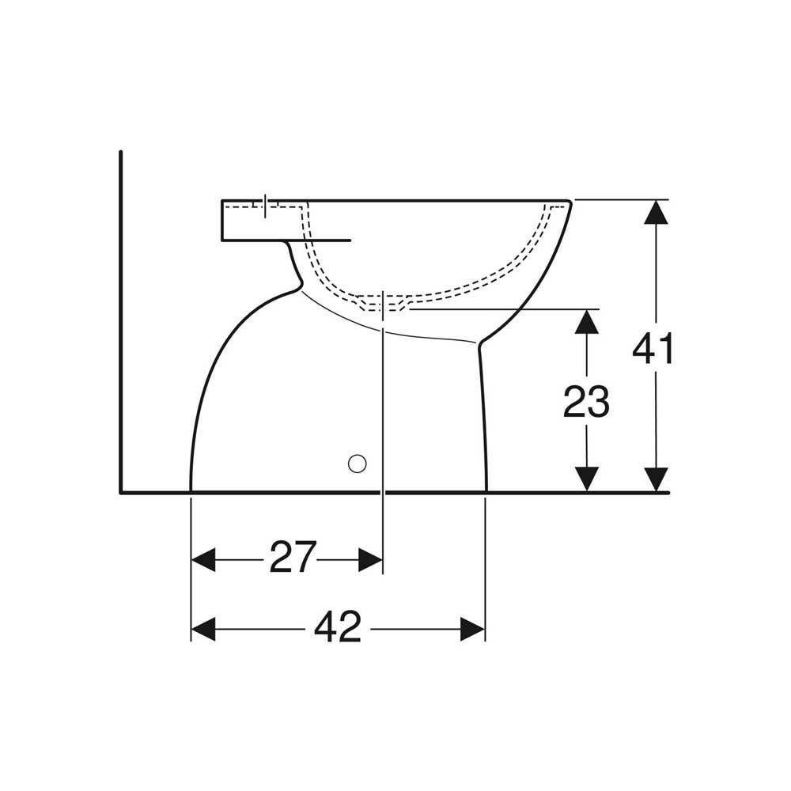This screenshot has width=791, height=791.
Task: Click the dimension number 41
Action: pos(653,348)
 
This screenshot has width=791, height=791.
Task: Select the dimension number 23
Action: pos(586,402)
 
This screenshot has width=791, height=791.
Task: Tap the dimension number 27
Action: pos(293,557)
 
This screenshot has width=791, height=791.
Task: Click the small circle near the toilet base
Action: pos(358,464)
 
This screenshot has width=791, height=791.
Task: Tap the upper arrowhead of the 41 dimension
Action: pos(657,212)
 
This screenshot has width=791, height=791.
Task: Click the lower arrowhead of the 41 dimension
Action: pos(657,479)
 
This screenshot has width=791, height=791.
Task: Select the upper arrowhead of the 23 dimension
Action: pos(586,321)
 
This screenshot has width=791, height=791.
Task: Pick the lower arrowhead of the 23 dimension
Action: pos(586,479)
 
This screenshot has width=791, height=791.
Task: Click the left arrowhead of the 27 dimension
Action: pos(203,559)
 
